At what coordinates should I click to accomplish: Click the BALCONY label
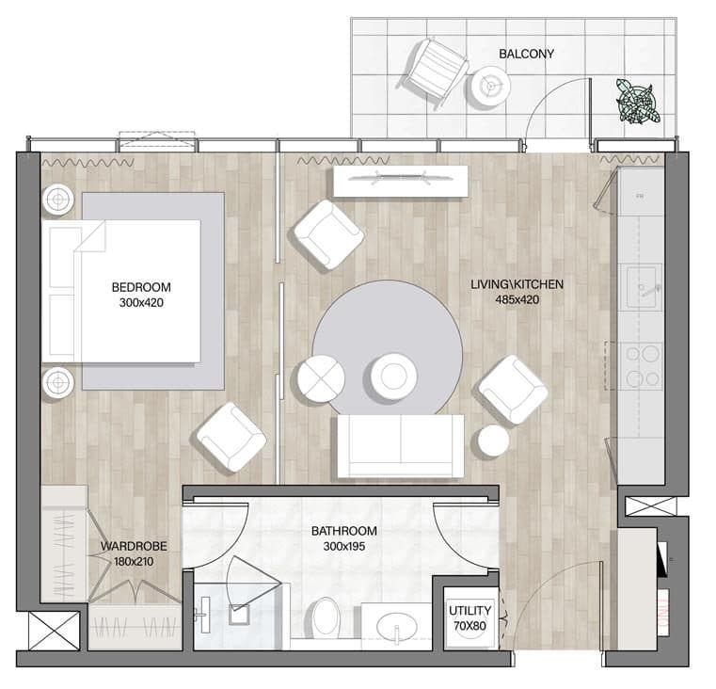click(x=526, y=54)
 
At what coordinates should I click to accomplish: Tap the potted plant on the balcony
click(x=638, y=102)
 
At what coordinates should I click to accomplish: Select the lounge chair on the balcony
click(x=433, y=72)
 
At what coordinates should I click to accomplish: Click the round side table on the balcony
click(x=491, y=87)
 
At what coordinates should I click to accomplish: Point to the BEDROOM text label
click(x=141, y=287)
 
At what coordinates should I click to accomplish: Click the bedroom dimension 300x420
click(x=141, y=302)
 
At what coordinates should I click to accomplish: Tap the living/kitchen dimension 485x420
click(x=517, y=299)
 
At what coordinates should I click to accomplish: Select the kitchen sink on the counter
click(x=644, y=287)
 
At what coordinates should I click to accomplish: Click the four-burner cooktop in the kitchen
click(x=642, y=366)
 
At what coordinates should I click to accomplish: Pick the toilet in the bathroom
click(x=326, y=616)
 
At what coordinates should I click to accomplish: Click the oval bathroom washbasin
click(x=397, y=626)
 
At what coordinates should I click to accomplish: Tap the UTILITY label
click(x=469, y=611)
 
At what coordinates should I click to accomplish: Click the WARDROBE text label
click(x=134, y=547)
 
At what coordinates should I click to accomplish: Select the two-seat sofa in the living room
click(x=401, y=446)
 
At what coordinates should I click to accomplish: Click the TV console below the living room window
click(x=401, y=182)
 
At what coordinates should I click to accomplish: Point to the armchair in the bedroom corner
click(x=231, y=437)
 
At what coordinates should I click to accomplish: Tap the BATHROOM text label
click(x=343, y=531)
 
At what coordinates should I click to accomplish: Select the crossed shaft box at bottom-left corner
click(x=54, y=631)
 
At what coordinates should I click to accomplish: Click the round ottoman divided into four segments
click(x=321, y=378)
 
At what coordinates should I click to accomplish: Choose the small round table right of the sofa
click(x=493, y=441)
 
